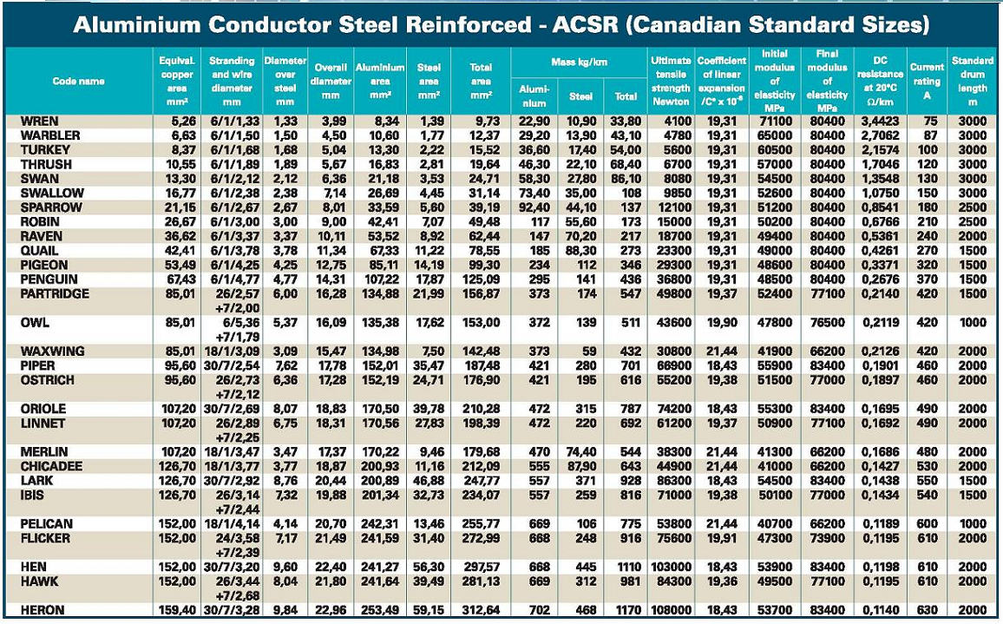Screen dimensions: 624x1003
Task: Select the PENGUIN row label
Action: pos(49,279)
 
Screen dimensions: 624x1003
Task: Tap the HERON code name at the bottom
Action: pos(43,610)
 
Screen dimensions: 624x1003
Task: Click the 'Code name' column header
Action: pos(78,81)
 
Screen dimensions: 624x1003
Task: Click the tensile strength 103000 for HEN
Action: pos(670,567)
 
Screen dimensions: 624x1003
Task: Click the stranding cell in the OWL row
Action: pos(233,330)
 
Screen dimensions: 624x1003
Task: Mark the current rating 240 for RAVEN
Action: pos(927,236)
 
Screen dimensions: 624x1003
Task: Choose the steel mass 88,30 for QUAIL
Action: pos(580,251)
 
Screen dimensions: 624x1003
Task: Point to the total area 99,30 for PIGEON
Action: pos(482,265)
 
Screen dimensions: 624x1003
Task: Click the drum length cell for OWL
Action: pos(972,323)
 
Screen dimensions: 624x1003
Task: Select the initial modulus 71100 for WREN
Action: pos(772,122)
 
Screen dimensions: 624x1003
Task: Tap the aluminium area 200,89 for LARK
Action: pos(380,481)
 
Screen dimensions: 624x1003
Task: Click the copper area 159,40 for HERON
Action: pos(178,610)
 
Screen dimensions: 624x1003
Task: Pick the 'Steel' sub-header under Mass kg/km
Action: pos(580,95)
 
